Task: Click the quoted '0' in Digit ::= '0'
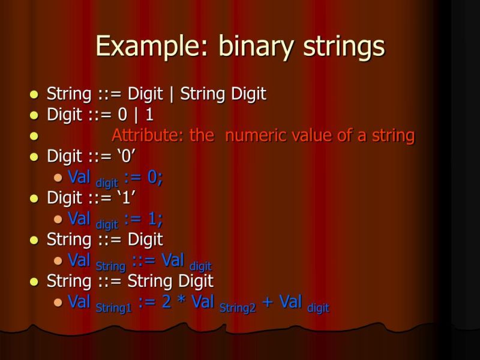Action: pyautogui.click(x=127, y=157)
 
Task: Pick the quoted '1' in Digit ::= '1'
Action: pyautogui.click(x=127, y=197)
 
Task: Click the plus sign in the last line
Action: pyautogui.click(x=268, y=302)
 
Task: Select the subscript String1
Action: pyautogui.click(x=113, y=307)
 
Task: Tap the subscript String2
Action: pyautogui.click(x=238, y=307)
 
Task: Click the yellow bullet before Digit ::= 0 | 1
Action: pyautogui.click(x=34, y=115)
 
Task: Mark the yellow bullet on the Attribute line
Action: pyautogui.click(x=34, y=136)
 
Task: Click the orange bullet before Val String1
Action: pyautogui.click(x=58, y=302)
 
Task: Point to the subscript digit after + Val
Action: pyautogui.click(x=318, y=308)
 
